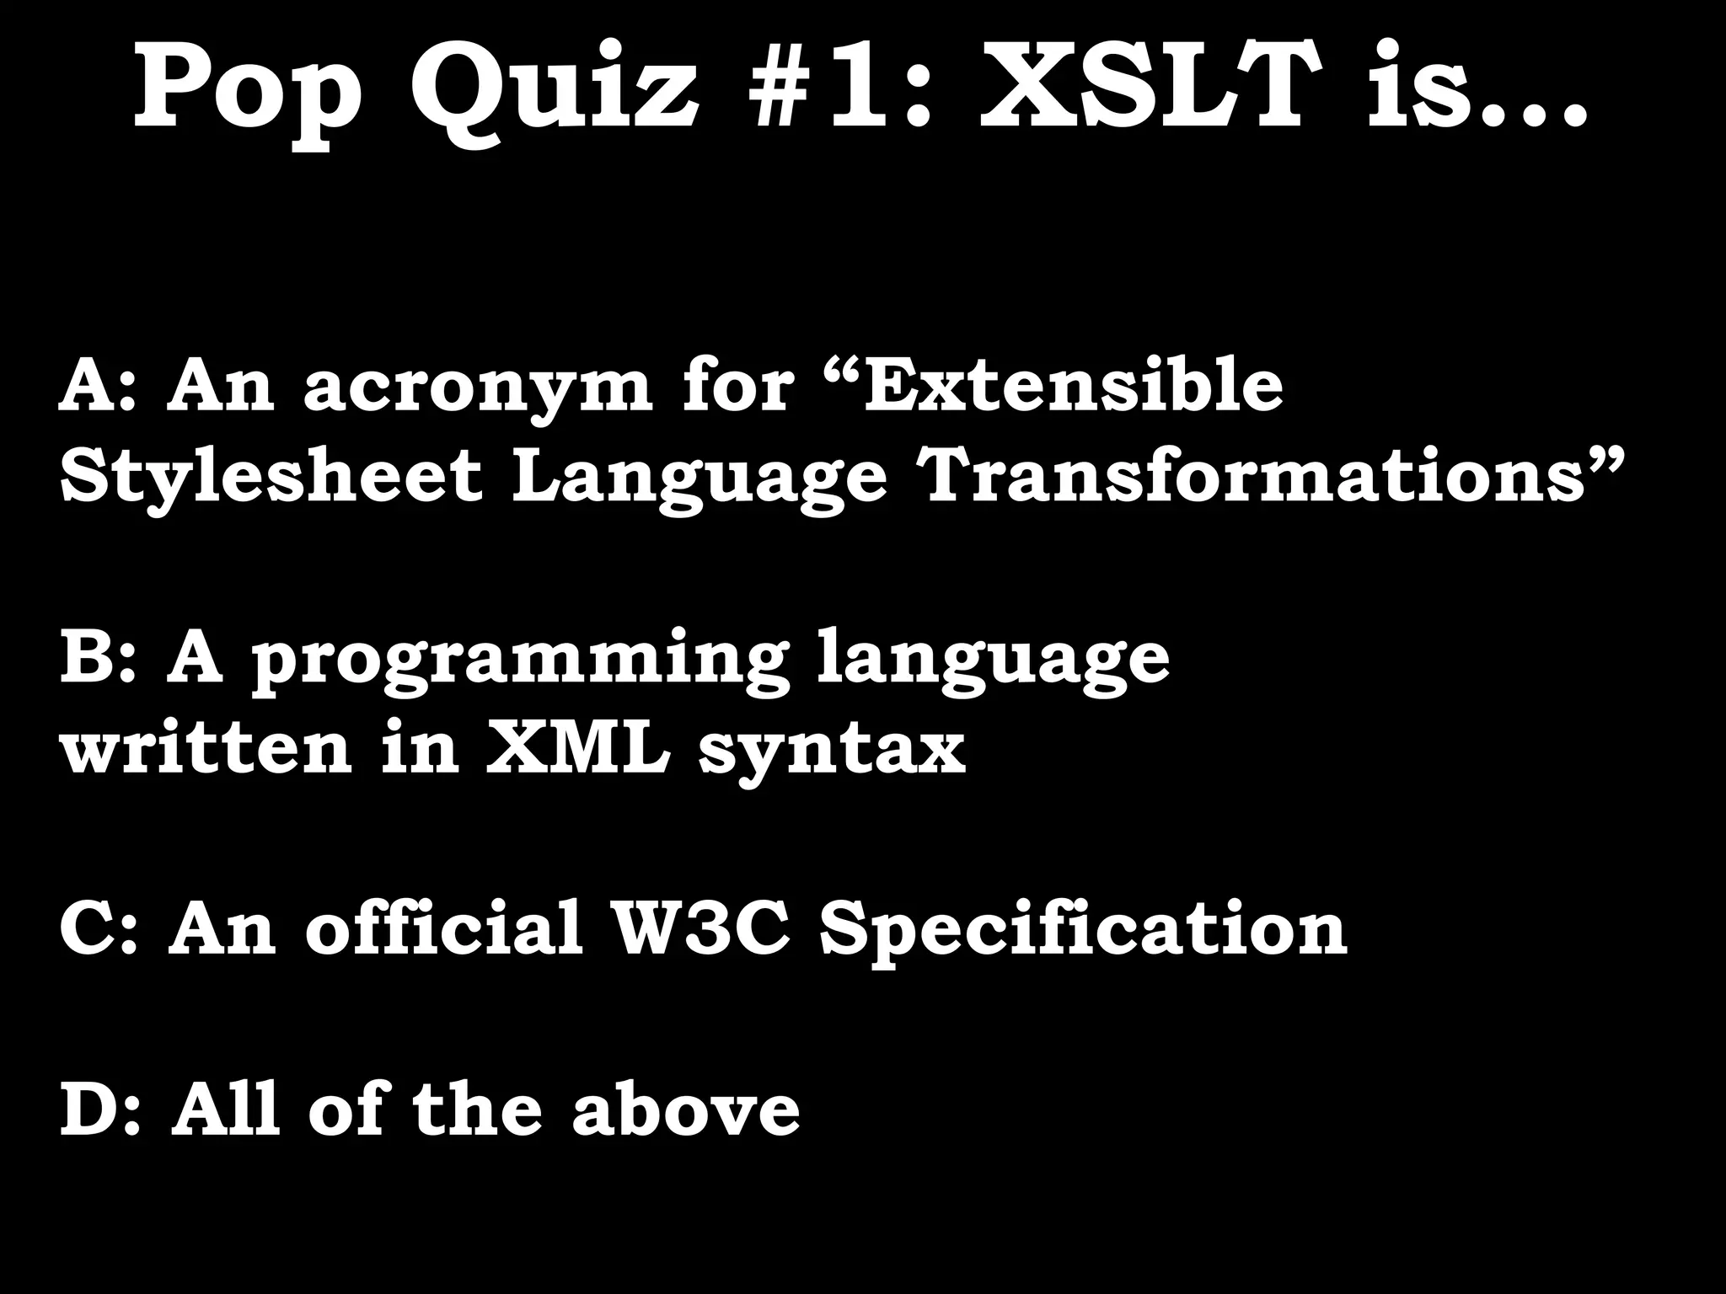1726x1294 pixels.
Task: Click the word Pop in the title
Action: (249, 88)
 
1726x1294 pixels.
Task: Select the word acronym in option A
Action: (477, 389)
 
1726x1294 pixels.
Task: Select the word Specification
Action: (1083, 931)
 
